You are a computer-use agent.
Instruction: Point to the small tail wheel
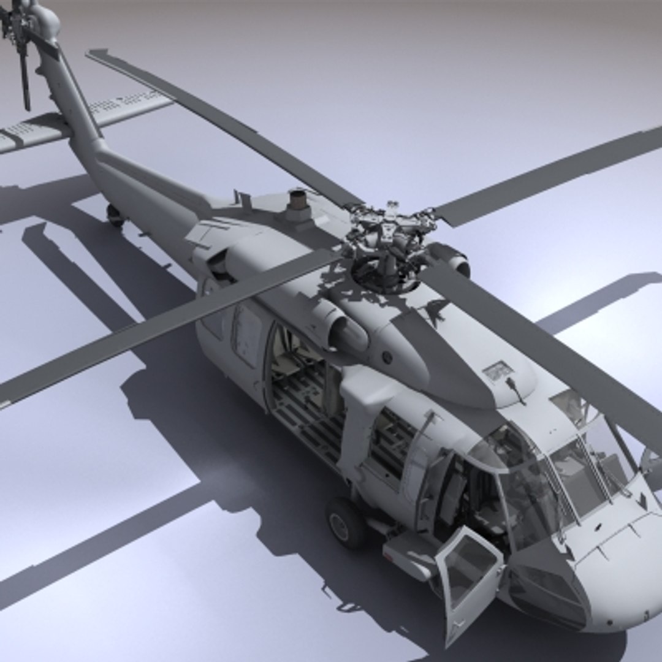(x=115, y=214)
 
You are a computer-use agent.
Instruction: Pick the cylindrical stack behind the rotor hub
(x=298, y=205)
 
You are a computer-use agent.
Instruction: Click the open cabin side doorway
(x=303, y=386)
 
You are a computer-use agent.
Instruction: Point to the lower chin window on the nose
(x=546, y=588)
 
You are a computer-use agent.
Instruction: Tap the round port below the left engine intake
(x=387, y=356)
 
